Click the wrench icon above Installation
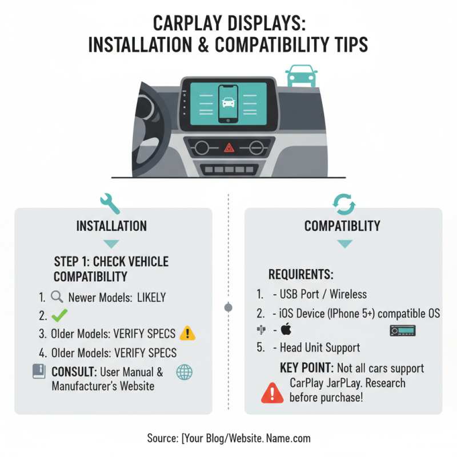[110, 202]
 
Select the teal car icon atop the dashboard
[302, 75]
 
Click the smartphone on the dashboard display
[228, 103]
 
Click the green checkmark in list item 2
[59, 315]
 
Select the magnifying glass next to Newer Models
[57, 297]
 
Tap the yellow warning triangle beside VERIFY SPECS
[187, 334]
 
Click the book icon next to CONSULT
[39, 372]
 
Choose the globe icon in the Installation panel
[185, 372]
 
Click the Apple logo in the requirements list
[286, 330]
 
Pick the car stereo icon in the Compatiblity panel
[402, 330]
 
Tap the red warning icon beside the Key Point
[272, 393]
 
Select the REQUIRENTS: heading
[300, 275]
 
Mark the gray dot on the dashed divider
[228, 307]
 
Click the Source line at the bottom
[228, 438]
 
